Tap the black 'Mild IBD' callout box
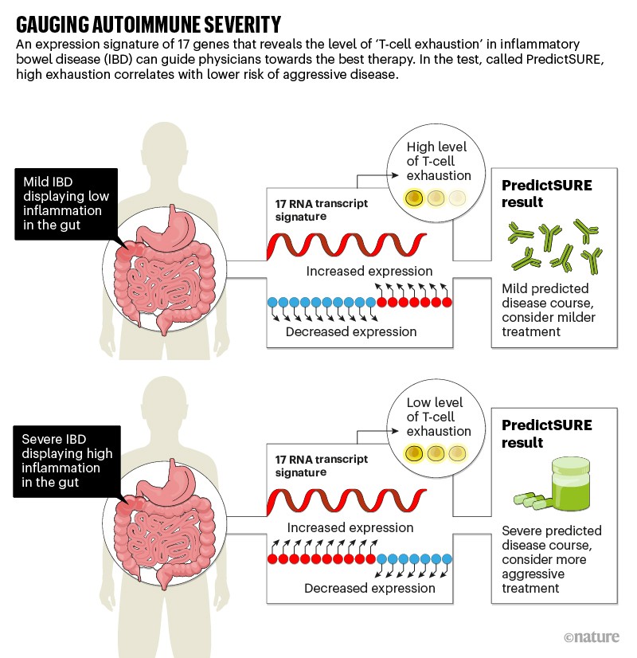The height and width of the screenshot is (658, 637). (x=65, y=203)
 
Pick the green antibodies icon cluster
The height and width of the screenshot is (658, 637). (x=553, y=244)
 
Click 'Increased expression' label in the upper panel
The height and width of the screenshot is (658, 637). (x=369, y=272)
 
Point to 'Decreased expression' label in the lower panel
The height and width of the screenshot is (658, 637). (x=370, y=589)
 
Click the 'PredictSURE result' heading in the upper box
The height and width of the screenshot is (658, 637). (x=546, y=194)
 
